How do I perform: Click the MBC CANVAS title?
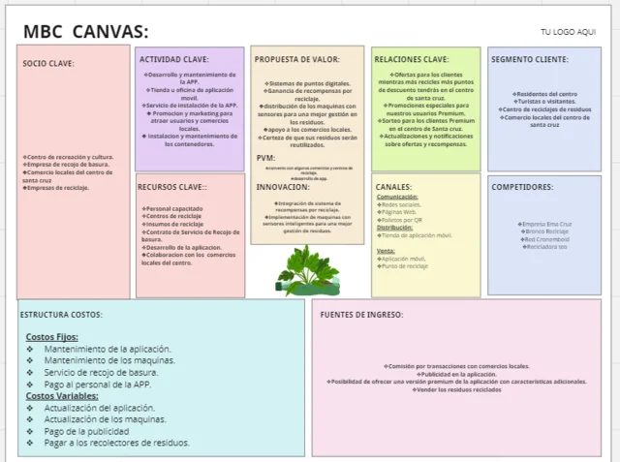[85, 29]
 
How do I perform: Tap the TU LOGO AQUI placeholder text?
[568, 32]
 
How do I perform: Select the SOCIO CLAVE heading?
[48, 64]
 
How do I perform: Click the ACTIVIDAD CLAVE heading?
[174, 59]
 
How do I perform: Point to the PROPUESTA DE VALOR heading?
[296, 59]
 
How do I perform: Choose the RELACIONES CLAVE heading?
[411, 59]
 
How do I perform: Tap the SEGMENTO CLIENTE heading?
[529, 59]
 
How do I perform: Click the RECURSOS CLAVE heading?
[172, 187]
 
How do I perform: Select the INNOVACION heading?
[283, 187]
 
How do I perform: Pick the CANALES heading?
[394, 187]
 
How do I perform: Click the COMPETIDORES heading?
[522, 187]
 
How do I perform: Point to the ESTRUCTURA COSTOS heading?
[61, 314]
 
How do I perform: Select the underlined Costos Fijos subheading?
[52, 336]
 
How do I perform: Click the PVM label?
[265, 158]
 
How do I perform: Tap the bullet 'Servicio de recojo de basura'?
[101, 372]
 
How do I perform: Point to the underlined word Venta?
[386, 250]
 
